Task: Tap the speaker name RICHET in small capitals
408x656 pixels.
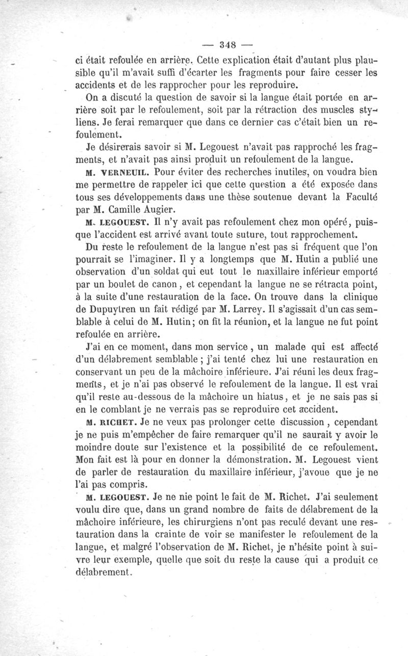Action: click(x=121, y=422)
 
